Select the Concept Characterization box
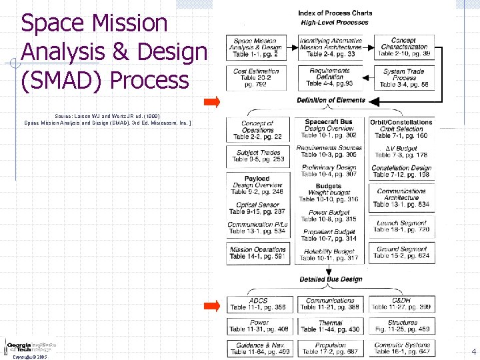(x=404, y=47)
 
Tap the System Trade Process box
(x=404, y=78)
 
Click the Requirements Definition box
(x=330, y=78)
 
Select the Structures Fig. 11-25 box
(x=402, y=326)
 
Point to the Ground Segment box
(x=402, y=252)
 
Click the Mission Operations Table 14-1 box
(x=258, y=252)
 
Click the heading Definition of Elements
(x=331, y=101)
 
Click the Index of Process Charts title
(x=335, y=13)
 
